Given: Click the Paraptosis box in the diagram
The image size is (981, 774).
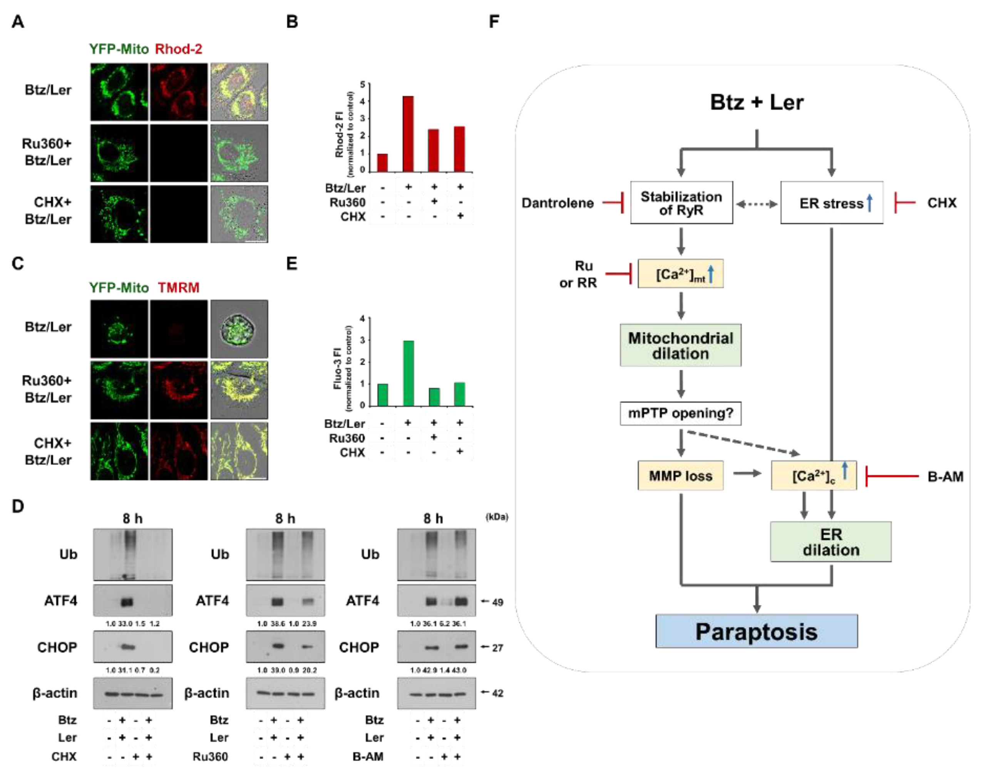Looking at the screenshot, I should click(756, 631).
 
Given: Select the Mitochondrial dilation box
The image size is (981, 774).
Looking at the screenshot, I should click(681, 345).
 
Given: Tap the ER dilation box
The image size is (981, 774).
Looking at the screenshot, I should click(830, 542).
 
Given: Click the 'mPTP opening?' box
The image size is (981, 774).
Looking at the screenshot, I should click(681, 413).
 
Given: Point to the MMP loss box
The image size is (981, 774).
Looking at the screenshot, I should click(681, 476).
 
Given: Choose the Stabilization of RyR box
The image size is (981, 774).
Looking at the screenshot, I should click(681, 203).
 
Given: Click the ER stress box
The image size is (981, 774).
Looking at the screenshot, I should click(832, 203).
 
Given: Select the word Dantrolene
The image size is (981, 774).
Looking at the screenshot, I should click(557, 203).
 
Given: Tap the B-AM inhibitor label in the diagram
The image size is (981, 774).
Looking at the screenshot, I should click(945, 477).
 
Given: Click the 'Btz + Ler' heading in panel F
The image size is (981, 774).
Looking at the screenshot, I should click(757, 102).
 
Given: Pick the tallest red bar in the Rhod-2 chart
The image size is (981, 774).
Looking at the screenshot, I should click(408, 134).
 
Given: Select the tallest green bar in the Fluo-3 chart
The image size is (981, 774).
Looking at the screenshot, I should click(408, 373).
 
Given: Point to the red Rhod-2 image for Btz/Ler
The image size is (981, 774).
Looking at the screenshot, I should click(179, 92).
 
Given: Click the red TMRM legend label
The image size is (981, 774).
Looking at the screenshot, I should click(179, 288).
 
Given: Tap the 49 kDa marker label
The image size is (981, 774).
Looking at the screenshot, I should click(497, 602).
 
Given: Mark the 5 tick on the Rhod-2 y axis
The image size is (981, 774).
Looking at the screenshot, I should click(362, 85).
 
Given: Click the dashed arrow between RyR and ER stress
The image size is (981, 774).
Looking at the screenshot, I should click(757, 204).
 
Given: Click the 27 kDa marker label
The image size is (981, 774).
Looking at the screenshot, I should click(497, 648).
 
